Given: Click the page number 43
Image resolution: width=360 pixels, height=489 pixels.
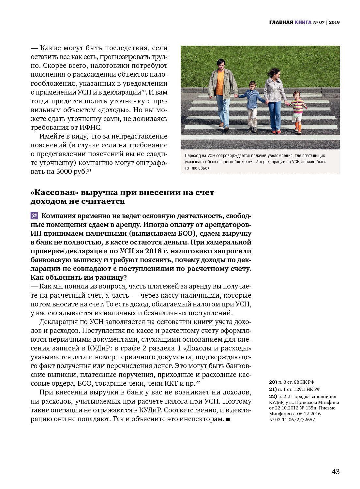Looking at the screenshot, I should [x=336, y=471].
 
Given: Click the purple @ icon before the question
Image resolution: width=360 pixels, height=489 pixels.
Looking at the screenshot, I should [x=34, y=216].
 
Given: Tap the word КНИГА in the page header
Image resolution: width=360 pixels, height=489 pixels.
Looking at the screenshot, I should [x=303, y=22].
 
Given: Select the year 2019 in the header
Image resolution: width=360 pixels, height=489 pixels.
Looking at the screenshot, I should [x=334, y=22].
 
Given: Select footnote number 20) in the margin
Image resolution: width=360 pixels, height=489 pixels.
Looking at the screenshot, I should [x=273, y=382].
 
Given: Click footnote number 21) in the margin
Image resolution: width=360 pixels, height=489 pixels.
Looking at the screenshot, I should [x=273, y=389].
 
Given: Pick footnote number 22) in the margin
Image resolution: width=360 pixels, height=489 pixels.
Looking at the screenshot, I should [x=273, y=396].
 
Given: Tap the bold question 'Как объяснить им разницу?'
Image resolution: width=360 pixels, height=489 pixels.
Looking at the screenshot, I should [x=79, y=277].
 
